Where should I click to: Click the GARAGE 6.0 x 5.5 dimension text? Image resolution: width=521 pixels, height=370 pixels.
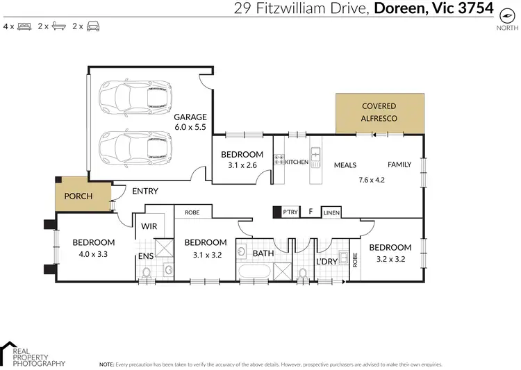190,128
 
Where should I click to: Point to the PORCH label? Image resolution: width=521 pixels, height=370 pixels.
78,196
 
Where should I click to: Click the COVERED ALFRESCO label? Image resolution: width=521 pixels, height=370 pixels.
379,112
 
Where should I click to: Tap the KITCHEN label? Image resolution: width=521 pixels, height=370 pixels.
297,162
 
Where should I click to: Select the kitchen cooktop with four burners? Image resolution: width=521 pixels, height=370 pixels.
279,162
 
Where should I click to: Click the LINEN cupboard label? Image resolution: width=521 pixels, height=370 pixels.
331,212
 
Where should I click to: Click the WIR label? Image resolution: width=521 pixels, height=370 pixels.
149,226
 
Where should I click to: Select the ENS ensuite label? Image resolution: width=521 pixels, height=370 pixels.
145,256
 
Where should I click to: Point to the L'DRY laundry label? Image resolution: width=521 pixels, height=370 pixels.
326,262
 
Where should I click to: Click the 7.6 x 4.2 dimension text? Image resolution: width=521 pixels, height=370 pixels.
371,180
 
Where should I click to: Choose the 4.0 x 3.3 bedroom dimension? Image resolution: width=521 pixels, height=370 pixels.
93,254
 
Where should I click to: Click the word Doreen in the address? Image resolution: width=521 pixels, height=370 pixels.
402,8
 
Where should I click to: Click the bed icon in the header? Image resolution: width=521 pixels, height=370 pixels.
24,26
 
